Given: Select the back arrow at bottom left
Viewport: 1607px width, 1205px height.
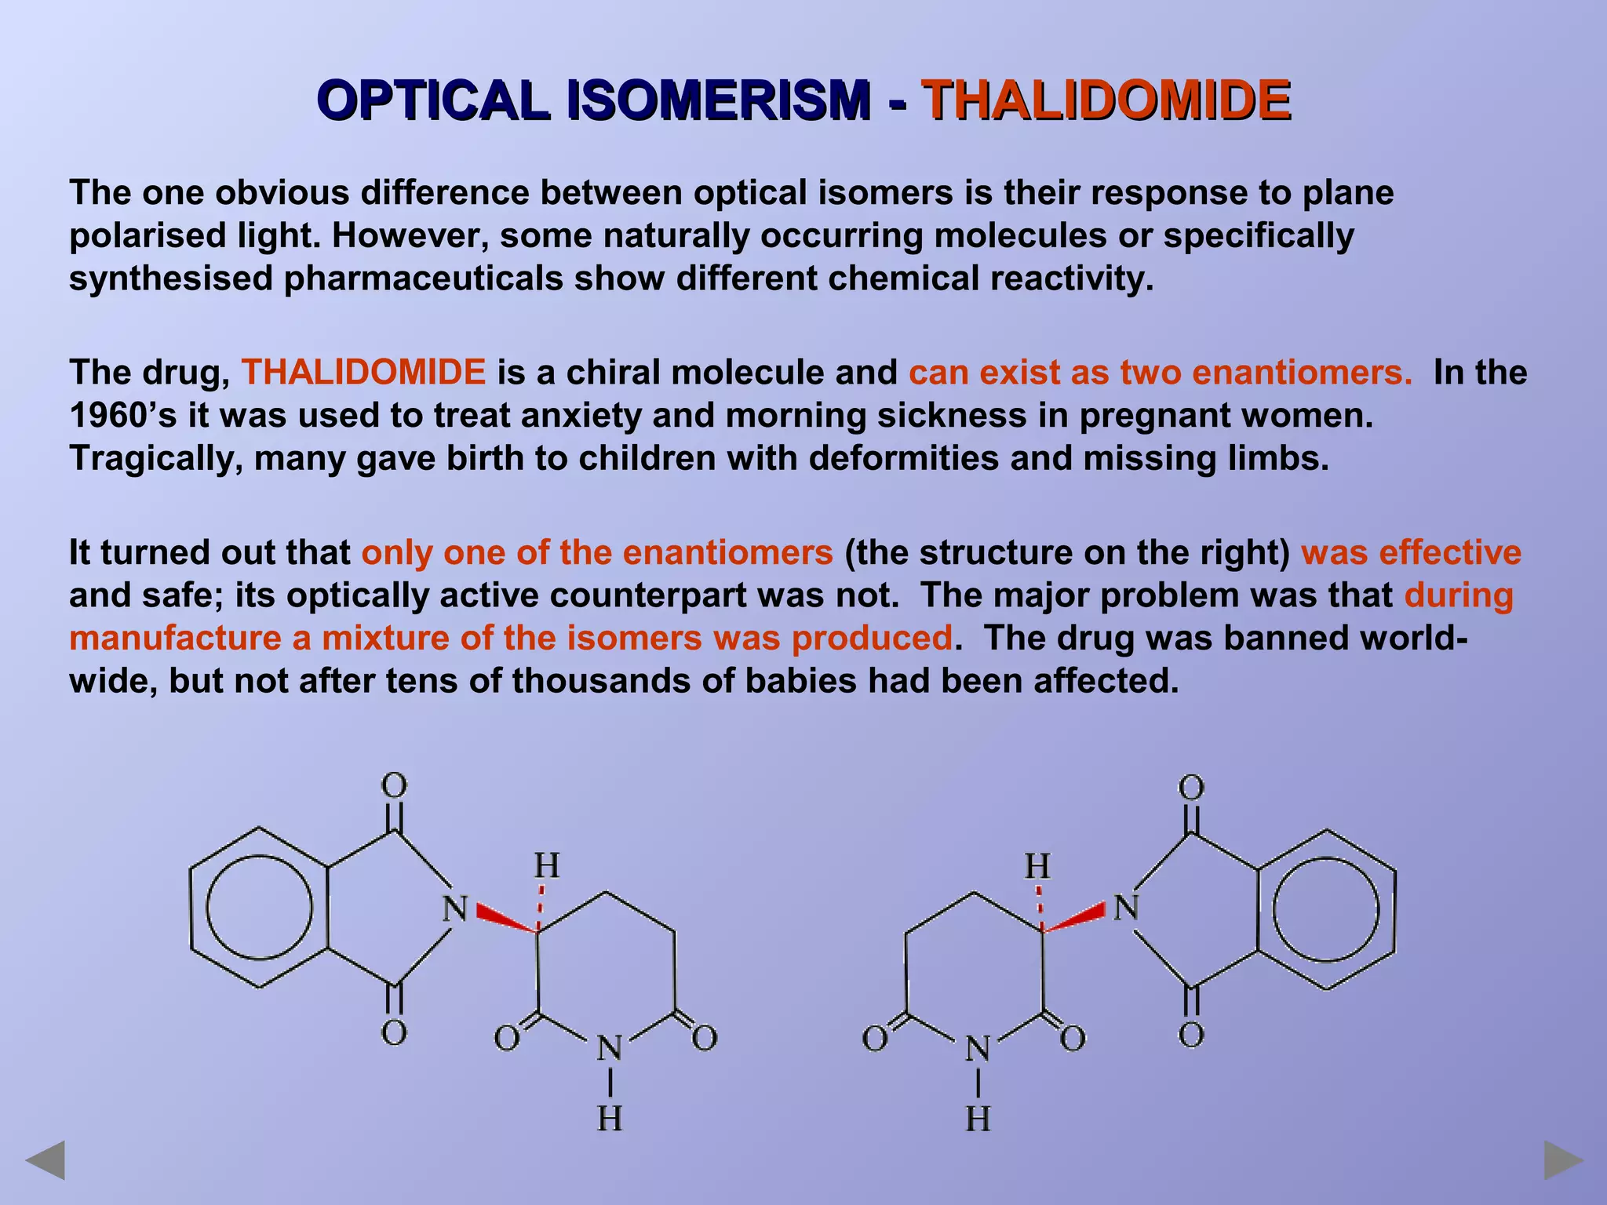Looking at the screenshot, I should click(46, 1160).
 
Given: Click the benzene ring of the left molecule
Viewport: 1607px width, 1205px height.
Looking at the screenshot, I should click(259, 907).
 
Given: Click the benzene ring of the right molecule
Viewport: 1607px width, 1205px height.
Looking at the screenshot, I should click(1326, 909).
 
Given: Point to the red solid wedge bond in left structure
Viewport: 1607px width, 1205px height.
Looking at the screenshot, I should click(505, 919).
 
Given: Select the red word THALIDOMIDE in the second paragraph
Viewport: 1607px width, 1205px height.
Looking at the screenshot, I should click(363, 373).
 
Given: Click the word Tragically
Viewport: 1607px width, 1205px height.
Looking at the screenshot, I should click(156, 458).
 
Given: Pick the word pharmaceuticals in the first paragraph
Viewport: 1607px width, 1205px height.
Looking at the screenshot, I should click(424, 278).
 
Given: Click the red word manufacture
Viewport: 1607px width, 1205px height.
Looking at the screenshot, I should click(175, 638).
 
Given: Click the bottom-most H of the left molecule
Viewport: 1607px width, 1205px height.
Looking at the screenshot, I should click(610, 1119).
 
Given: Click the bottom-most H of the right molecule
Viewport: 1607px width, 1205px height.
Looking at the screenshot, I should click(978, 1119).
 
